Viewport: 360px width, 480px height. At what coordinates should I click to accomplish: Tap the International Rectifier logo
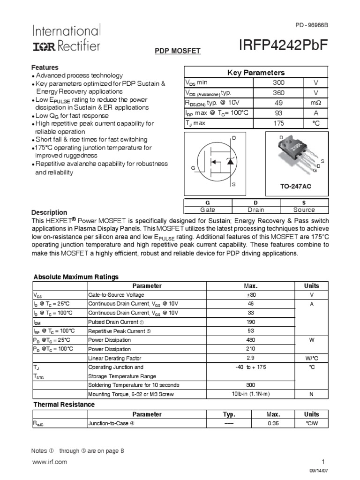pyautogui.click(x=66, y=38)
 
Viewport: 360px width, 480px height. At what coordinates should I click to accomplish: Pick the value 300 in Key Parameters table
pyautogui.click(x=278, y=82)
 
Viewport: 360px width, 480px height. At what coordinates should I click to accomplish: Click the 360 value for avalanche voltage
pyautogui.click(x=278, y=93)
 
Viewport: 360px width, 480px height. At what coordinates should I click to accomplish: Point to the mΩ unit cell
pyautogui.click(x=315, y=103)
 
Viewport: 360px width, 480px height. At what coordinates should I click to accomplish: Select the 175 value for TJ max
pyautogui.click(x=278, y=123)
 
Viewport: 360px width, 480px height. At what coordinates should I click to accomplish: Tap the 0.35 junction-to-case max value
pyautogui.click(x=273, y=423)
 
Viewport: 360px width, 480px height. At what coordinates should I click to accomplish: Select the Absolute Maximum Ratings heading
pyautogui.click(x=76, y=277)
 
